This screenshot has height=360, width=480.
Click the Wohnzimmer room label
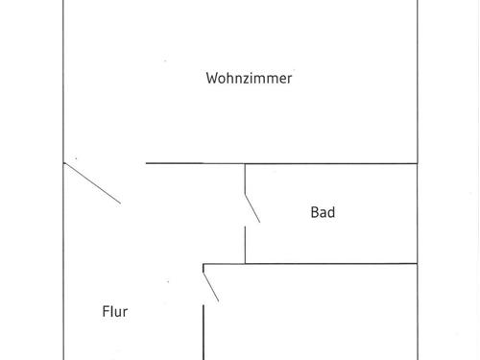coord(249,79)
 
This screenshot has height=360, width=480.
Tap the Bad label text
coord(323,212)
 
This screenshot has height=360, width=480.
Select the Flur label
coord(115,311)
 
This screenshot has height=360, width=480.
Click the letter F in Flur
coord(105,311)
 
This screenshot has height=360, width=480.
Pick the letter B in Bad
coord(314,212)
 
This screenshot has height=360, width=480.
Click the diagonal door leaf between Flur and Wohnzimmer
coord(92,183)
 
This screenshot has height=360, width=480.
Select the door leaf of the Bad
coord(252,208)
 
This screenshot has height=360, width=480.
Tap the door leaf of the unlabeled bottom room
coord(211,285)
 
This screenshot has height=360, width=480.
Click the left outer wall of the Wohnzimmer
coord(64,86)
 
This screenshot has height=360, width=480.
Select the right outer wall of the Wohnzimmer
coord(419,86)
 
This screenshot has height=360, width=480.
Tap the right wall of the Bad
coord(419,213)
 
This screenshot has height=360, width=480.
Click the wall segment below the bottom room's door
coord(204,331)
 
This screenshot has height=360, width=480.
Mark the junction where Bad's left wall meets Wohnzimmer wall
coord(246,164)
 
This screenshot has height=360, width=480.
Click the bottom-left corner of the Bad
coord(246,263)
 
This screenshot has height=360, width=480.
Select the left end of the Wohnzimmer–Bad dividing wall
coord(147,164)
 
